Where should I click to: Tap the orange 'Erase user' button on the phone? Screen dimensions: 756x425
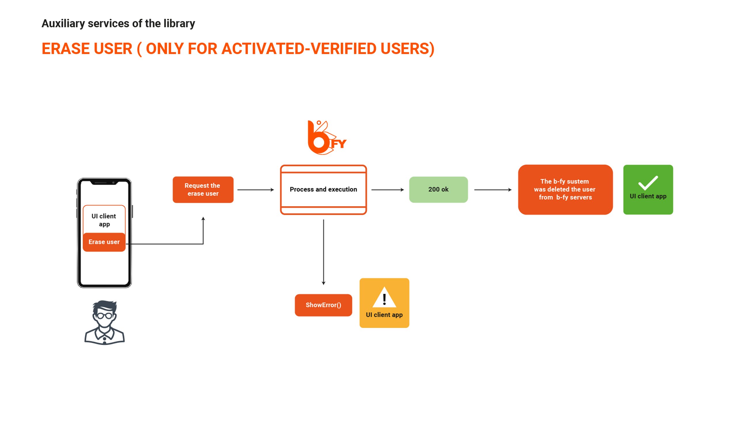pos(104,242)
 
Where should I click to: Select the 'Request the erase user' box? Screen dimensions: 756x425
pos(203,189)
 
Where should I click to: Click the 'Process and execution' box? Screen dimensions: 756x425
pos(324,189)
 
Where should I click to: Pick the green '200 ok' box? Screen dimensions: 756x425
pos(439,189)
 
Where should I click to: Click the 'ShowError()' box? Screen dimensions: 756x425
pos(324,305)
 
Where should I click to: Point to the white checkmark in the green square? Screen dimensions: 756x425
pos(648,183)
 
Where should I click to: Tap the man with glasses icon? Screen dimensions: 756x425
pos(105,322)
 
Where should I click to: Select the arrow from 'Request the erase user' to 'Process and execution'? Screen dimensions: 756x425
pos(256,190)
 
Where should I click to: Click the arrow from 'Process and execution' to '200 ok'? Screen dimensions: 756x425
pos(388,190)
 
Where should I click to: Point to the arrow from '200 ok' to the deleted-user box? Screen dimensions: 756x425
pos(493,190)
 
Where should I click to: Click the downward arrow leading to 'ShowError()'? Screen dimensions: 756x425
pos(324,252)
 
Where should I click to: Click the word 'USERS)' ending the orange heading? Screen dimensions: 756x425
pos(407,49)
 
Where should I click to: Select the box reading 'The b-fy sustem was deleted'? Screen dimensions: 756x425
pos(565,189)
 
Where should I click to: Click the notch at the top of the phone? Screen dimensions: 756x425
pos(104,183)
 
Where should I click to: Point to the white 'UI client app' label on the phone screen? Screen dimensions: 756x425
pos(104,220)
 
